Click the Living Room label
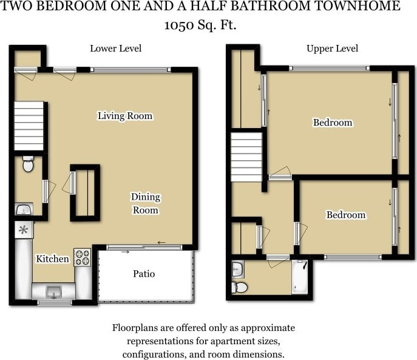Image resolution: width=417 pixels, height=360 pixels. coord(125,116)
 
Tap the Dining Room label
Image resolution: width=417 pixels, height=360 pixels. coord(145,203)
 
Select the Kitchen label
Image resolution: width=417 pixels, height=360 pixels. coord(52,259)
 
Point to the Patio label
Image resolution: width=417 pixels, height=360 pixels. coord(144,274)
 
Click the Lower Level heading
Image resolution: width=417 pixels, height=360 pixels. coord(116,49)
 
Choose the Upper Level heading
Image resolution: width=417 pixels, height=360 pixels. coord(332,49)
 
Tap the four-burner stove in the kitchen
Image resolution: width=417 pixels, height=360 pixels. coord(82,257)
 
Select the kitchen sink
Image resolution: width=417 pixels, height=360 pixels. coord(54,291)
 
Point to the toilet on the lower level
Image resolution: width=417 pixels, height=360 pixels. coord(28,164)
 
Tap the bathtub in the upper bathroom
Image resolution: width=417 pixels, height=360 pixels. coord(300,277)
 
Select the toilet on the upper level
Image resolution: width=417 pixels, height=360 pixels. coord(239,287)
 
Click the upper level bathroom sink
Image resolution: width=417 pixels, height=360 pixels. coord(237,268)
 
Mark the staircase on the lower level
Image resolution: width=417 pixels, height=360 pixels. coord(29,126)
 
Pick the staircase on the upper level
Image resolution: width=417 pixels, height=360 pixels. coord(246,158)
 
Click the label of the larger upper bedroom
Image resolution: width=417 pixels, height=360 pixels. coord(332,123)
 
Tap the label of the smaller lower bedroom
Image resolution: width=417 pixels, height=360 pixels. coord(345,215)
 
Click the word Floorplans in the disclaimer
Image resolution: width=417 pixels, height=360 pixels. coord(135,328)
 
